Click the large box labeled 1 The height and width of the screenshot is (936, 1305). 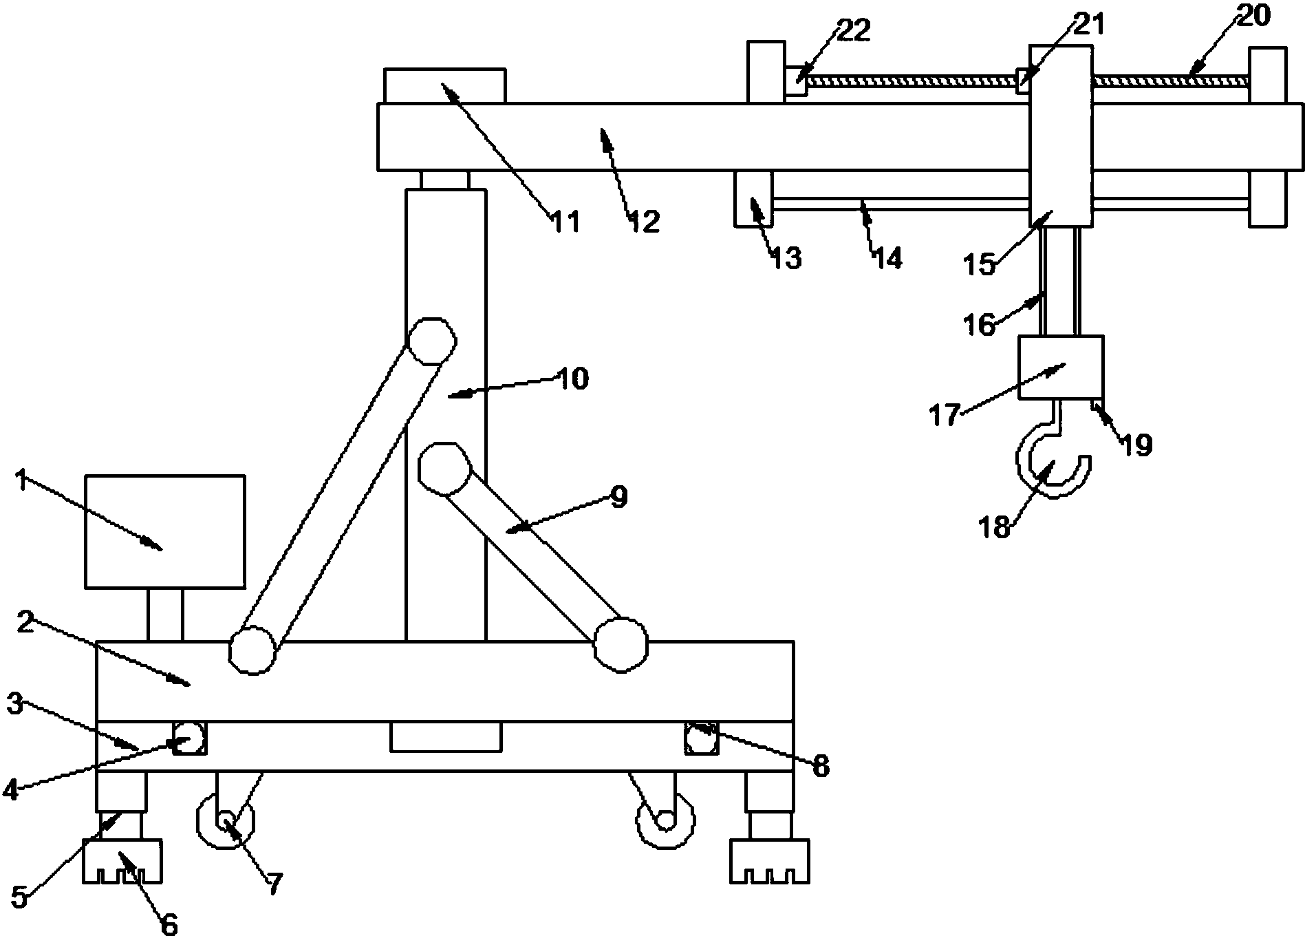click(164, 531)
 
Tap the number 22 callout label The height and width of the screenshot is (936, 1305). click(853, 30)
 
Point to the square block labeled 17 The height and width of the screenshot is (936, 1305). click(1060, 368)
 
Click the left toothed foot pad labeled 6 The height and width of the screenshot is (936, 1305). click(122, 860)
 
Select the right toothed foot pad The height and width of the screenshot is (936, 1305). click(770, 860)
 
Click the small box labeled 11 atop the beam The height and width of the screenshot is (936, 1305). click(444, 85)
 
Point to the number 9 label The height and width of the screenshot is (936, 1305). click(618, 496)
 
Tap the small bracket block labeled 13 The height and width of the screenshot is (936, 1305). click(754, 198)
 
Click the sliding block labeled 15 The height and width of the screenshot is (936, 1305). click(1060, 136)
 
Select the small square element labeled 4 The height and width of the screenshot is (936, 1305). click(189, 739)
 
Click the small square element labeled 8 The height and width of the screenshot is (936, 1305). click(701, 739)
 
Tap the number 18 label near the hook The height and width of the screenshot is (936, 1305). click(995, 526)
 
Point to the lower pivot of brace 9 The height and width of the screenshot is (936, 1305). click(621, 645)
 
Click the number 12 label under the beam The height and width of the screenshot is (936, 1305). click(645, 222)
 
